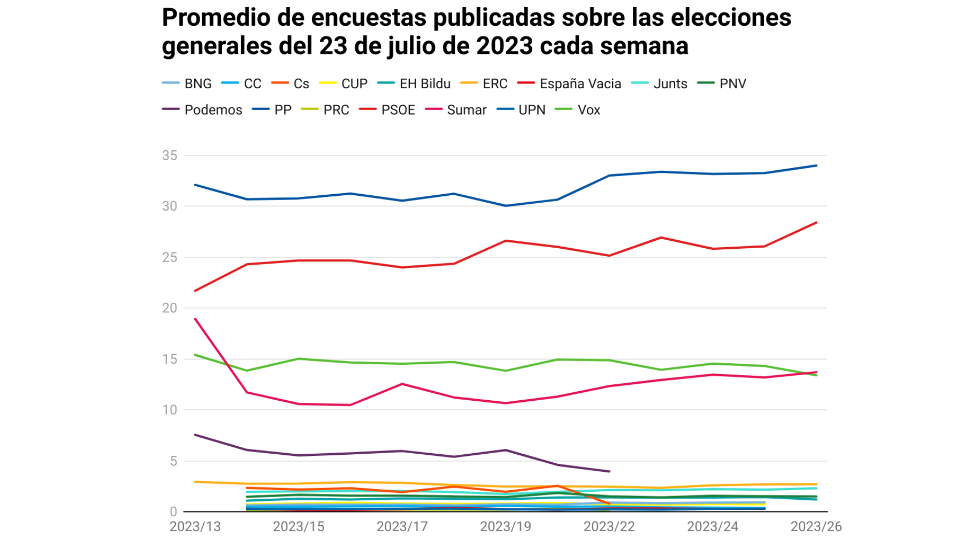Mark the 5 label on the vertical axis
(x=173, y=461)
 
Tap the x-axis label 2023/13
(x=195, y=526)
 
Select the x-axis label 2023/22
(x=609, y=526)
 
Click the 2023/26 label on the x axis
(x=816, y=526)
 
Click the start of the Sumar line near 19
(x=195, y=319)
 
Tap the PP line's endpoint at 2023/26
(x=816, y=165)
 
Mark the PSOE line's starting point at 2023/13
(x=195, y=291)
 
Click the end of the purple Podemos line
(x=609, y=471)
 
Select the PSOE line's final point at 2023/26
(x=816, y=223)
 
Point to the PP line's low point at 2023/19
(x=506, y=205)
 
